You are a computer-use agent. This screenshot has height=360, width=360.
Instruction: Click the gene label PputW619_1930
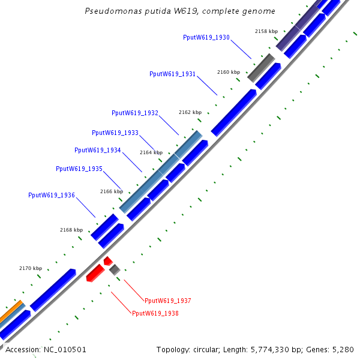(206, 37)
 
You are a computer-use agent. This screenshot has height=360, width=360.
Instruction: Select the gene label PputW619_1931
(172, 74)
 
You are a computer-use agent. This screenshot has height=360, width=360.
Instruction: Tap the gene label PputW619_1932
(135, 113)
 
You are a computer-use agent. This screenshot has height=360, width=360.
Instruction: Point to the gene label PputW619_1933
(115, 133)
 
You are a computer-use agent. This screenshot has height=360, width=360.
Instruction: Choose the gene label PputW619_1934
(98, 150)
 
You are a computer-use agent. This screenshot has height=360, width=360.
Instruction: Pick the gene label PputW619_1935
(79, 169)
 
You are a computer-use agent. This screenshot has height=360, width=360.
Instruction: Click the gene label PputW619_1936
(52, 195)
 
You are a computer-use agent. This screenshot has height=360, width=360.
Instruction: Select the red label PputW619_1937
(167, 301)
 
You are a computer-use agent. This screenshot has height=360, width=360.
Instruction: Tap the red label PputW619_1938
(155, 313)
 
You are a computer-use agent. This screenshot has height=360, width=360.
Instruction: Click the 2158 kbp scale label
(266, 31)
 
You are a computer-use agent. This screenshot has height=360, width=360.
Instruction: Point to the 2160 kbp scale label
(229, 72)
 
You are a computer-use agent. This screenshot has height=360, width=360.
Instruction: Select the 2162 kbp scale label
(190, 112)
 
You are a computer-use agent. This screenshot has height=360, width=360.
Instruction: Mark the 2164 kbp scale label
(151, 152)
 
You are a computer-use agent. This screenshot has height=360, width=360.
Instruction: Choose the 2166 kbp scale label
(112, 191)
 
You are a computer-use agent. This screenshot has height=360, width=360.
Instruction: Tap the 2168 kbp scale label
(71, 230)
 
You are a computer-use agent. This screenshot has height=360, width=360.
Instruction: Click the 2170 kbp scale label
(31, 268)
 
